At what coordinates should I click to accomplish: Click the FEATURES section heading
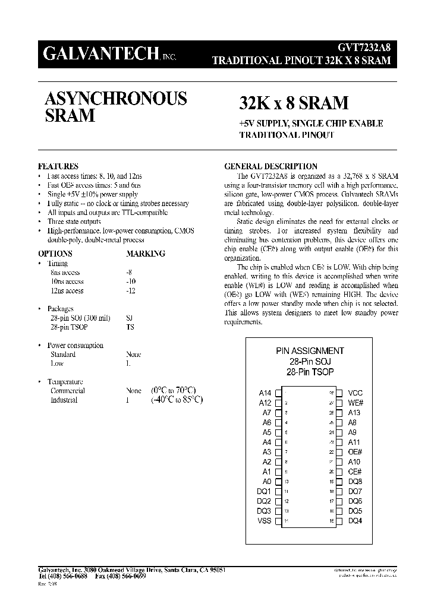(58, 166)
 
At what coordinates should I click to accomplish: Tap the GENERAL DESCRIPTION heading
(270, 166)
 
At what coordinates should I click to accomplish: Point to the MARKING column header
(145, 254)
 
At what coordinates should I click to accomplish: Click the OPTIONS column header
(55, 254)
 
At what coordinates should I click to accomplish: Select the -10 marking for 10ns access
(131, 281)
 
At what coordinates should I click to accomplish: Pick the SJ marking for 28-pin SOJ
(130, 318)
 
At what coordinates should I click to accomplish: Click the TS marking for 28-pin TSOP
(130, 327)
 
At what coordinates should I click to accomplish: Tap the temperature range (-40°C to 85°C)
(177, 400)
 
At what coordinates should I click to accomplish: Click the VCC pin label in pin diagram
(355, 393)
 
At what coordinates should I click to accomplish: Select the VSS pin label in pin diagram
(264, 521)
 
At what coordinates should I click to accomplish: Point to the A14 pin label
(265, 393)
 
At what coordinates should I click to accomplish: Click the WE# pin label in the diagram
(355, 403)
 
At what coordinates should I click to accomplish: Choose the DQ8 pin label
(355, 482)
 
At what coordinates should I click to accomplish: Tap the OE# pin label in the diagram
(355, 452)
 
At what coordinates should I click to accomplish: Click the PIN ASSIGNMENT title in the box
(310, 351)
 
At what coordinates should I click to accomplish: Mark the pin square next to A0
(278, 482)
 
